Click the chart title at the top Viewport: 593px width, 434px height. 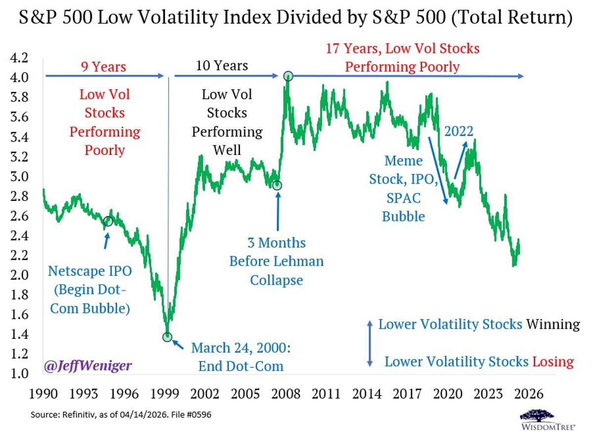tap(296, 18)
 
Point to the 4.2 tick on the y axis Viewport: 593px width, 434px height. tap(19, 58)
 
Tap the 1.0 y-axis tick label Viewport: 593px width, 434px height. tap(19, 374)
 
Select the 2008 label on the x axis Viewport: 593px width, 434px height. tap(286, 395)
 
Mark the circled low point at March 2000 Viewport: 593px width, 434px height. tap(168, 337)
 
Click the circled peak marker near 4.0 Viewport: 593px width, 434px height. tap(288, 76)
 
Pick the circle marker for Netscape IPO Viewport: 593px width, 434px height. tap(108, 221)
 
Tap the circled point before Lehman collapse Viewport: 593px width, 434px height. tap(277, 185)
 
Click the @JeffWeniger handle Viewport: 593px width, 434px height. tap(88, 366)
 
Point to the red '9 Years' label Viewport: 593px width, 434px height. tap(103, 66)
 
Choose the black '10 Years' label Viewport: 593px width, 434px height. tap(222, 66)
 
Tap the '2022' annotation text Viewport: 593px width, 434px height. tap(459, 131)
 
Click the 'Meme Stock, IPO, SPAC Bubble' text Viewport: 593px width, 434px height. tap(403, 189)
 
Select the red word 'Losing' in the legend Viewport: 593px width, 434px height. tap(553, 362)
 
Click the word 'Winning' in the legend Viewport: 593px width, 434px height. tap(552, 324)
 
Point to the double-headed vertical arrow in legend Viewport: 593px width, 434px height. tap(370, 343)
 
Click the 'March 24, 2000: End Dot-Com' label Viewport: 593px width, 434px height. tap(240, 356)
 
